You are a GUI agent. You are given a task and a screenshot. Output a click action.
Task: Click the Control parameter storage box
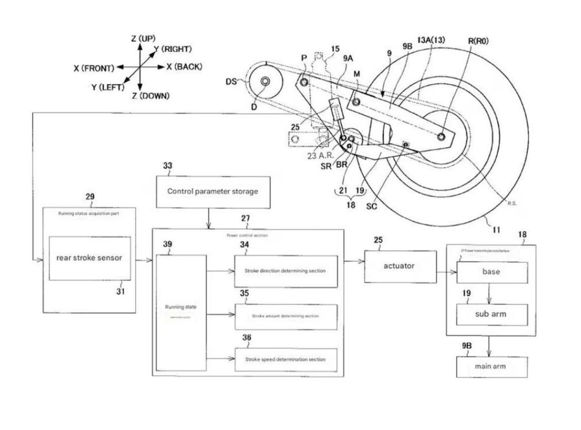point(213,192)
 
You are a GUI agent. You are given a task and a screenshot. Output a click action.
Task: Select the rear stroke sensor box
point(89,258)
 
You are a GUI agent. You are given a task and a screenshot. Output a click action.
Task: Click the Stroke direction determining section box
point(285,271)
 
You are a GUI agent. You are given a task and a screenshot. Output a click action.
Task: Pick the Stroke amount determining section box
point(285,316)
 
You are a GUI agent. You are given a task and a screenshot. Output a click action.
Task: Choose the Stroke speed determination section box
point(285,360)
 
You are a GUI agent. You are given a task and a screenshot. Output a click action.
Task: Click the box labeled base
point(491,272)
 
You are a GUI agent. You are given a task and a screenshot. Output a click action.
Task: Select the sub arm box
point(491,315)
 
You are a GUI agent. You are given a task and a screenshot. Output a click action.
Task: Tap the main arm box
point(491,367)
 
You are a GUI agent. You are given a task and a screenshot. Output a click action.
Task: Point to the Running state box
point(180,312)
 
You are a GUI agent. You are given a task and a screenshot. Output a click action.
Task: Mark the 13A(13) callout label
point(431,40)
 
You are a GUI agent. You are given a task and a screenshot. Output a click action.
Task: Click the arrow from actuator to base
point(445,272)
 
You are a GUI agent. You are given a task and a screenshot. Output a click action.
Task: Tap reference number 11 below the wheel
point(496,230)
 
